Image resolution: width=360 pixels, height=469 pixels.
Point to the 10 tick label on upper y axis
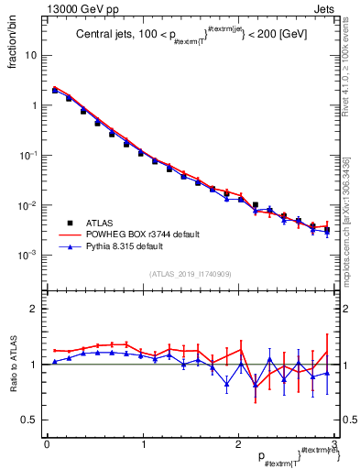[30, 55]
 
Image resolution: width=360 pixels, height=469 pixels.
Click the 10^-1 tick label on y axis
[28, 155]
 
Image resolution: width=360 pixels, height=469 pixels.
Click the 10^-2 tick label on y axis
[28, 205]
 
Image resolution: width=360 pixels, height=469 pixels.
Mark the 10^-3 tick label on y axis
[28, 255]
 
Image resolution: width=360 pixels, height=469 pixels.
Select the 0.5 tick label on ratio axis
[29, 420]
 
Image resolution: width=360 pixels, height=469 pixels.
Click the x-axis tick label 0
[47, 443]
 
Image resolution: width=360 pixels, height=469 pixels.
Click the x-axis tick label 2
[238, 443]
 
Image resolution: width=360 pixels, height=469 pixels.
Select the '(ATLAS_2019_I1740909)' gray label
[191, 274]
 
